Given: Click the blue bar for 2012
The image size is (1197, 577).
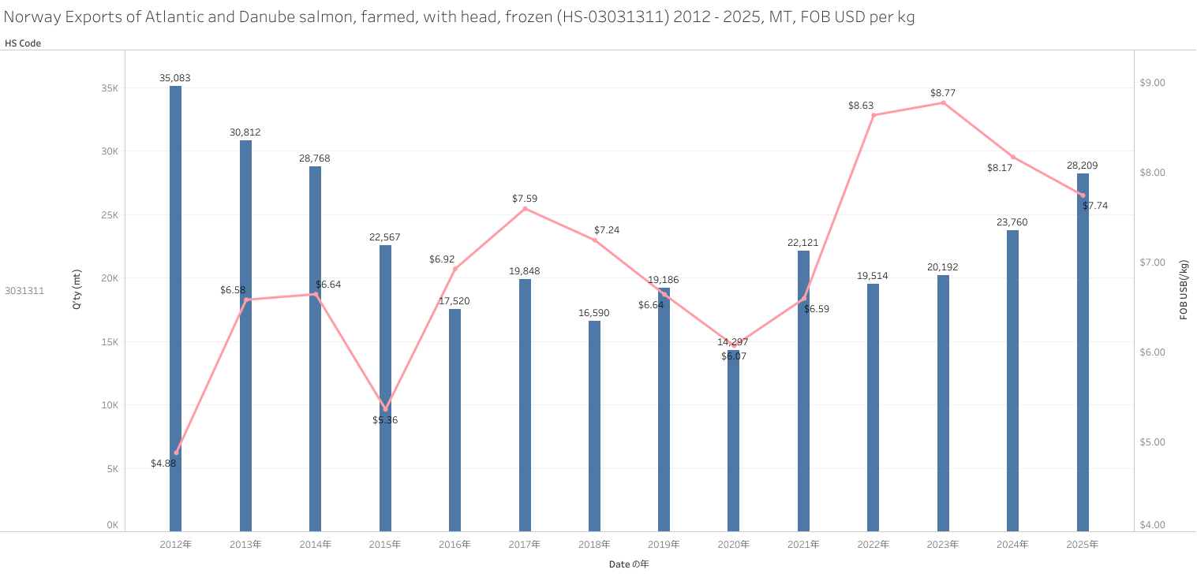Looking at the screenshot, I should pos(175,307).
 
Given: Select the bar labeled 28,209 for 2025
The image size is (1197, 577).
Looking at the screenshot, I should pos(1083,355).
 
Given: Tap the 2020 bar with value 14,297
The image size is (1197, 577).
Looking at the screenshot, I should pos(734,441).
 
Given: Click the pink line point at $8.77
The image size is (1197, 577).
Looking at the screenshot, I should pos(943,102).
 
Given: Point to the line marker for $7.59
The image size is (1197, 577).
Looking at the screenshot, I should pos(525,208).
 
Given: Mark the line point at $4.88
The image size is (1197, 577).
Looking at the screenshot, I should pos(176,452).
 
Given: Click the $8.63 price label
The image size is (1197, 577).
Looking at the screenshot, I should pos(861,105).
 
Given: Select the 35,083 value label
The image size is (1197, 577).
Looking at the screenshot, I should pos(174,78).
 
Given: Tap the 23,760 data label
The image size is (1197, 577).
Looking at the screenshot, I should pos(1012,222).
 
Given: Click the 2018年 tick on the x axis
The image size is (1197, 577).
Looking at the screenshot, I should pos(594,545).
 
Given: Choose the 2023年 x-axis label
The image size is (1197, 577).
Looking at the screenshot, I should pos(943,545).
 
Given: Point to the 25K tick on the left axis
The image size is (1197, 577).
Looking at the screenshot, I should pos(109,215).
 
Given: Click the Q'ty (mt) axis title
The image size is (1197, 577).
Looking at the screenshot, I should pos(77,288).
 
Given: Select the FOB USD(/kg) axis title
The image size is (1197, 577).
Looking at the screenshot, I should pos(1184,289).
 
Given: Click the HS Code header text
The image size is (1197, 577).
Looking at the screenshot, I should pos(23,43).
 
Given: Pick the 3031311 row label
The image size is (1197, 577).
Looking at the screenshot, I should pos(24,291).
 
